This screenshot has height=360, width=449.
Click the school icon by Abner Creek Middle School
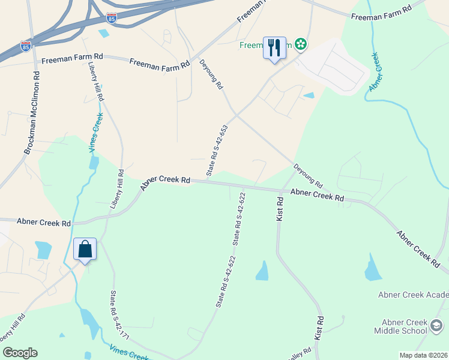pyautogui.click(x=437, y=326)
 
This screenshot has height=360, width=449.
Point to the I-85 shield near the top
pyautogui.click(x=111, y=18)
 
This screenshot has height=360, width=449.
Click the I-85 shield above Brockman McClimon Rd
pyautogui.click(x=25, y=46)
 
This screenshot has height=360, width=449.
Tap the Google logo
pyautogui.click(x=20, y=353)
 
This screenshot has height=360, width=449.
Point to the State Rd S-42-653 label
pyautogui.click(x=217, y=151)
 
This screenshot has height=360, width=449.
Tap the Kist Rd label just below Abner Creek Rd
pyautogui.click(x=280, y=208)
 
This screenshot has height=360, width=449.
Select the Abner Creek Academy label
pyautogui.click(x=413, y=295)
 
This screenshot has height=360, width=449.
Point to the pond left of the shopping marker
pyautogui.click(x=43, y=250)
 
